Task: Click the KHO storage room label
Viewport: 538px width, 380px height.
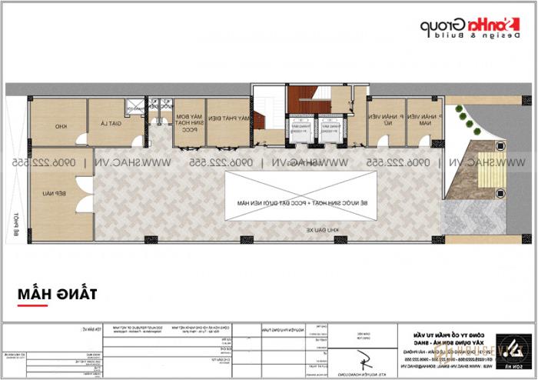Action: [60, 125]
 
